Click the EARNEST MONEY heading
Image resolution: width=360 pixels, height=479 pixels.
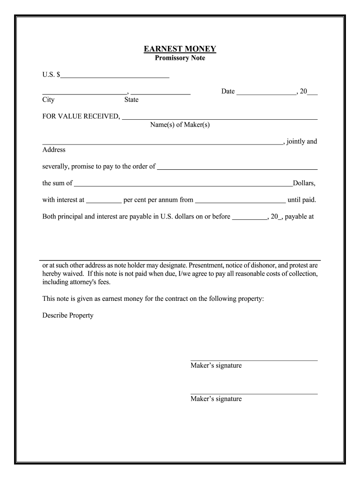pyautogui.click(x=180, y=49)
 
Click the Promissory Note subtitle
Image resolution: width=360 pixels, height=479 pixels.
pyautogui.click(x=180, y=58)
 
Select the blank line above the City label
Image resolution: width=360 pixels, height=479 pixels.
pyautogui.click(x=84, y=94)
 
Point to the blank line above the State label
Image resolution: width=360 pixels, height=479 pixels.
pyautogui.click(x=160, y=94)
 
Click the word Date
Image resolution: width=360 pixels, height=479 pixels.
pyautogui.click(x=228, y=91)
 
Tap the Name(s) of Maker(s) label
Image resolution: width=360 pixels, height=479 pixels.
pyautogui.click(x=180, y=125)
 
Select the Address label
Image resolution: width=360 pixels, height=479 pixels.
pyautogui.click(x=54, y=150)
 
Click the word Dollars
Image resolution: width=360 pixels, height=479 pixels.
pyautogui.click(x=304, y=183)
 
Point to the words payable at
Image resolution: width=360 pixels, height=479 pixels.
pyautogui.click(x=299, y=217)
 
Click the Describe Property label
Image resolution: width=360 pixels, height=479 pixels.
pyautogui.click(x=68, y=315)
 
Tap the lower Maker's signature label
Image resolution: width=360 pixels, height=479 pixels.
pyautogui.click(x=216, y=399)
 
